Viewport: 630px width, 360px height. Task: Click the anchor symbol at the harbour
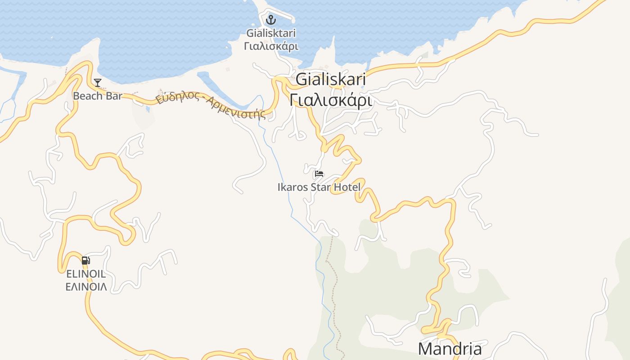pyautogui.click(x=270, y=20)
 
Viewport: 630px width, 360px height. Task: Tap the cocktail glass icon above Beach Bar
pyautogui.click(x=98, y=83)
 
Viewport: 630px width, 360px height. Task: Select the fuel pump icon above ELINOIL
pyautogui.click(x=85, y=260)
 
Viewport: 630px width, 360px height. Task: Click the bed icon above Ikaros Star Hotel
pyautogui.click(x=319, y=174)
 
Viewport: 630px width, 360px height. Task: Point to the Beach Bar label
pyautogui.click(x=98, y=96)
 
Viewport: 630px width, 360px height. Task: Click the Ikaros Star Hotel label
pyautogui.click(x=319, y=187)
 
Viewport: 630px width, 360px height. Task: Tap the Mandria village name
pyautogui.click(x=450, y=349)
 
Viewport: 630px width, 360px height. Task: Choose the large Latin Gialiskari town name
pyautogui.click(x=330, y=80)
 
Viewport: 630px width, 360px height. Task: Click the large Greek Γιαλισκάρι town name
pyautogui.click(x=330, y=100)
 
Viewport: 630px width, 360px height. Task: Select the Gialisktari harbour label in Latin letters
pyautogui.click(x=271, y=33)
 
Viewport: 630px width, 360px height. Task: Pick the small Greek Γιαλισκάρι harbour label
pyautogui.click(x=271, y=46)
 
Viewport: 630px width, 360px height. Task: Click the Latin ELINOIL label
pyautogui.click(x=86, y=274)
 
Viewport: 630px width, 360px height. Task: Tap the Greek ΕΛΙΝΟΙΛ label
pyautogui.click(x=86, y=287)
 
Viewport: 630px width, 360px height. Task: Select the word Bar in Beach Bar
pyautogui.click(x=113, y=96)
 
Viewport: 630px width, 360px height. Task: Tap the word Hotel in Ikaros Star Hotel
pyautogui.click(x=347, y=187)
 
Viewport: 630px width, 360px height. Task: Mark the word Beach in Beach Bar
pyautogui.click(x=88, y=96)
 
